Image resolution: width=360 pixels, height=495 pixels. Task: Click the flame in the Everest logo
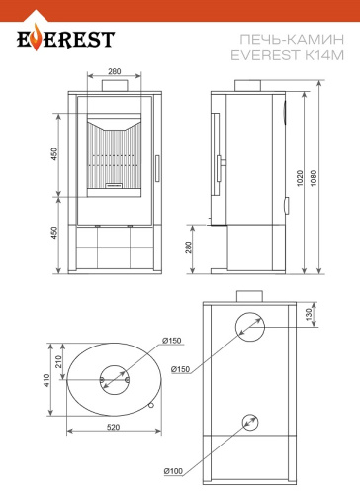(x=37, y=40)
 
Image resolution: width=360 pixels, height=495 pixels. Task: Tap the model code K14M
(x=323, y=55)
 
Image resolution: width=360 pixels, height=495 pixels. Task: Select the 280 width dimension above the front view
(x=115, y=71)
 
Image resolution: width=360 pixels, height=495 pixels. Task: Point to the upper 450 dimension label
(x=54, y=154)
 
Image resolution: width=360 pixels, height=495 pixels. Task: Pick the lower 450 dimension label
(x=54, y=233)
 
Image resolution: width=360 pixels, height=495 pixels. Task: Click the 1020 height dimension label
(x=300, y=178)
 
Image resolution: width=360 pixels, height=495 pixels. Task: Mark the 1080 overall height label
(x=314, y=178)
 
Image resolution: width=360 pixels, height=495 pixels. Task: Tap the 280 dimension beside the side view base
(x=188, y=247)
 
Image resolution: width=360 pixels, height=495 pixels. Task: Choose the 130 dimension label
(x=309, y=314)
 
